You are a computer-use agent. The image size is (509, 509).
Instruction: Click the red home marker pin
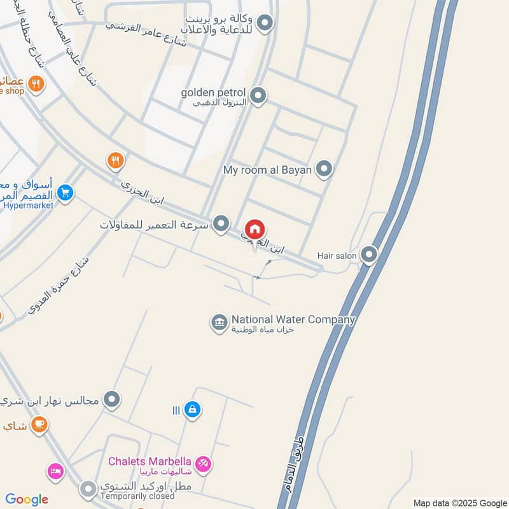pyautogui.click(x=255, y=230)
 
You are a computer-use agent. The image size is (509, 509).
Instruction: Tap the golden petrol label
pyautogui.click(x=213, y=93)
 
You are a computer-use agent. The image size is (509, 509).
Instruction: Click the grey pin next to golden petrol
pyautogui.click(x=258, y=96)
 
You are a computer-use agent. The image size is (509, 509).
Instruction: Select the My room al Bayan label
pyautogui.click(x=269, y=170)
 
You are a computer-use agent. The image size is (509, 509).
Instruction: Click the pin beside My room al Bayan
pyautogui.click(x=324, y=169)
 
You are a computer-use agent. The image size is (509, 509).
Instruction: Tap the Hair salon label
pyautogui.click(x=337, y=256)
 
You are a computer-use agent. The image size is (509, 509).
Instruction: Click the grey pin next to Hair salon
pyautogui.click(x=369, y=255)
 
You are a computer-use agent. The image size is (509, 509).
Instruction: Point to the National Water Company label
pyautogui.click(x=293, y=319)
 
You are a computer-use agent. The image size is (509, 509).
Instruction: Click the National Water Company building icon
pyautogui.click(x=219, y=323)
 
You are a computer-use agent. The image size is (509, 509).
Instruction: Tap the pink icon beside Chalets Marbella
pyautogui.click(x=203, y=464)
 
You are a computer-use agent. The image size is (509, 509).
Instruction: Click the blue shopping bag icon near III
pyautogui.click(x=192, y=410)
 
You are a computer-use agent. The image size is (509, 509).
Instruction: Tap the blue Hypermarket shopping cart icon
pyautogui.click(x=66, y=192)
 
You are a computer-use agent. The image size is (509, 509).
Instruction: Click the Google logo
pyautogui.click(x=27, y=499)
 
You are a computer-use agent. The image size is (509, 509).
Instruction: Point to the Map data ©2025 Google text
pyautogui.click(x=459, y=502)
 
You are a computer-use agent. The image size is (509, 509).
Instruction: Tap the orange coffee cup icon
pyautogui.click(x=39, y=424)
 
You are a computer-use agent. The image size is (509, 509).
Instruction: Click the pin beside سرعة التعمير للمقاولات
pyautogui.click(x=221, y=224)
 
